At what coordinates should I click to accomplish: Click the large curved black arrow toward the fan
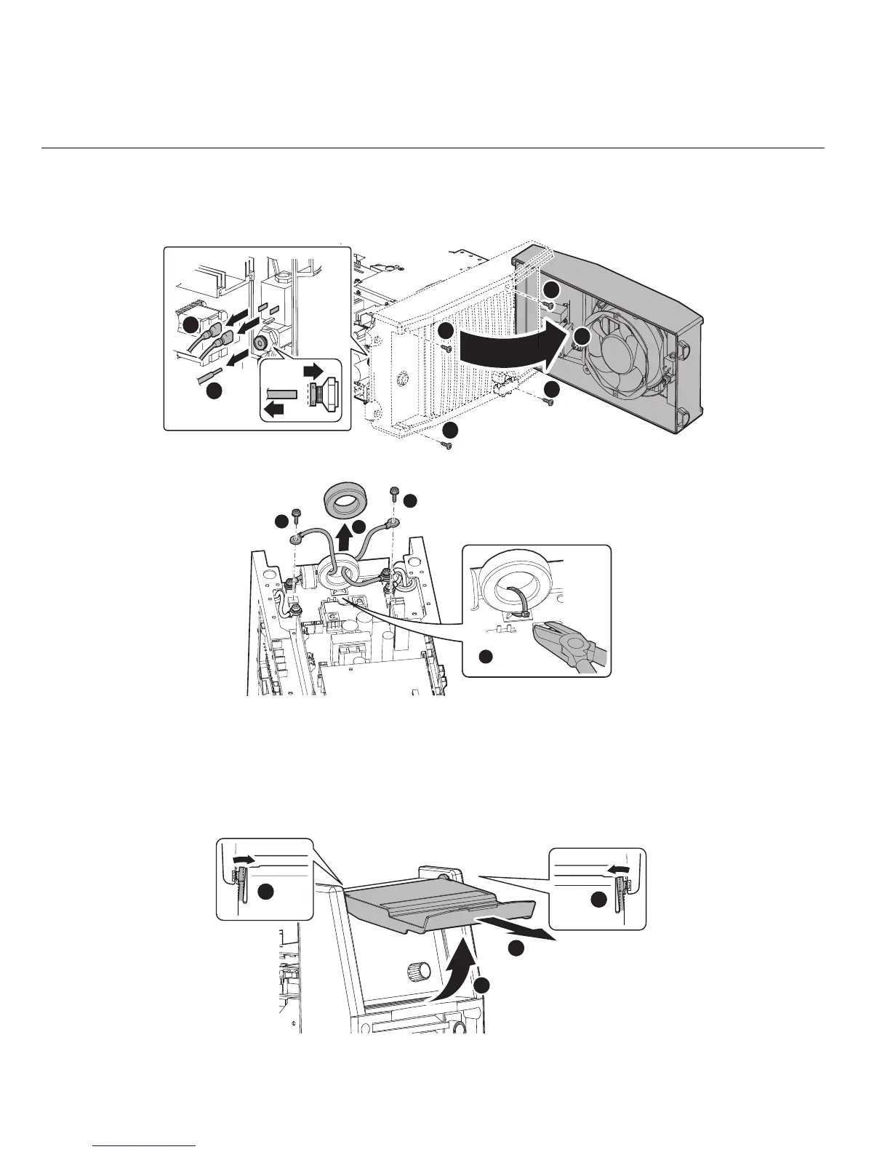tap(509, 349)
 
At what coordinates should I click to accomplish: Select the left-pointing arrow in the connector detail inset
tap(275, 409)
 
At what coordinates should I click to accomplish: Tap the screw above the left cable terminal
tap(297, 514)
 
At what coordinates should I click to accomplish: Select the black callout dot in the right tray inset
tap(598, 900)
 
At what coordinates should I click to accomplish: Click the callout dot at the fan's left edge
tap(582, 336)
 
